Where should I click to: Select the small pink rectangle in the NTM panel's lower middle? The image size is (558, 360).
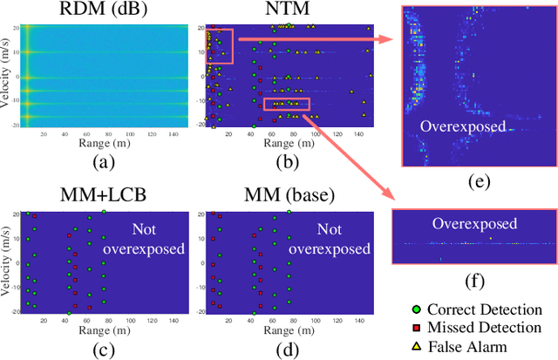tap(286, 105)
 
